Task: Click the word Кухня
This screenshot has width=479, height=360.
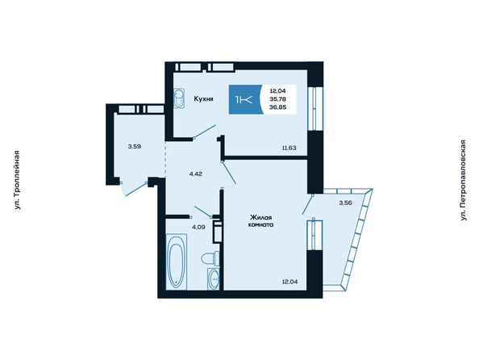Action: [203, 98]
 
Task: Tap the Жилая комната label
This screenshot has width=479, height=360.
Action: [261, 221]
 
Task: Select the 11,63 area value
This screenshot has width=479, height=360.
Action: [289, 148]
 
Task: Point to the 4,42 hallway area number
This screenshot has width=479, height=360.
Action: [196, 174]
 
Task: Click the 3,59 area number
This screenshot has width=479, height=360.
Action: [135, 146]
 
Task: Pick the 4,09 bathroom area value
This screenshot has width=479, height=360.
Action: [198, 227]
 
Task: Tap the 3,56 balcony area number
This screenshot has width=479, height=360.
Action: [345, 203]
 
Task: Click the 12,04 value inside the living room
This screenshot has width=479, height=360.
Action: [290, 282]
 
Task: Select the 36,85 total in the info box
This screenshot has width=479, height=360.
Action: [278, 107]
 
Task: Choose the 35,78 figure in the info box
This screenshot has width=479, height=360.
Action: [278, 98]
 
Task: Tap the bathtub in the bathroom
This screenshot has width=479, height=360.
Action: [177, 262]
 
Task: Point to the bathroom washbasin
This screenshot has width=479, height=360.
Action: [214, 278]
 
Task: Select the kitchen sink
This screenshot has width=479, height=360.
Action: [179, 98]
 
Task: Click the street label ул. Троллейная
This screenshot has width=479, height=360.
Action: [17, 180]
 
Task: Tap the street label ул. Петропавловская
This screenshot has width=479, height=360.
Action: [464, 180]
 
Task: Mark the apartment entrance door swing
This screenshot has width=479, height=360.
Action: [135, 190]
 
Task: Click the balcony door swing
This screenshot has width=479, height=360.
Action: [307, 205]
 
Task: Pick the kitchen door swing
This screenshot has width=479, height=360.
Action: [206, 132]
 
